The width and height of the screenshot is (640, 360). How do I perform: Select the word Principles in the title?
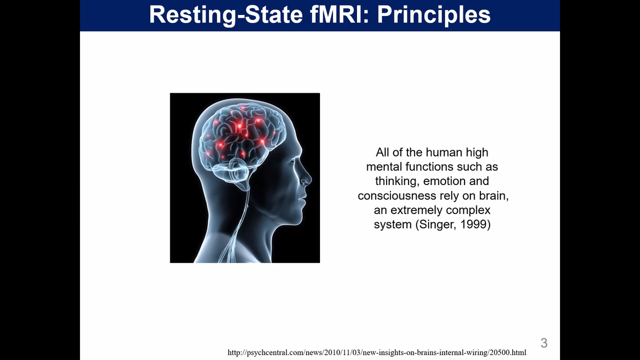[434, 14]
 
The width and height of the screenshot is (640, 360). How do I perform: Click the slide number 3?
[544, 343]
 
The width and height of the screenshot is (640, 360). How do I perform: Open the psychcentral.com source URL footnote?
[377, 352]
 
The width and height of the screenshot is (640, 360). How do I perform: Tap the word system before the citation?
[392, 225]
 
